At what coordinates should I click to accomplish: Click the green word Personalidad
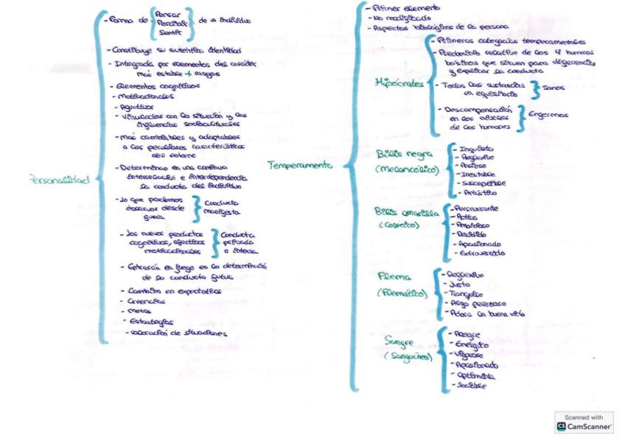pos(60,178)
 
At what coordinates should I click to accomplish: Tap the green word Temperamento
pos(299,166)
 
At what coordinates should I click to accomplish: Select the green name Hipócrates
pos(399,83)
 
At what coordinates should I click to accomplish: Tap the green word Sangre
pos(399,341)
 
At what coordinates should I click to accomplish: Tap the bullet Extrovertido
pos(482,253)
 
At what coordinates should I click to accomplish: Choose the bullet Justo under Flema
pos(463,283)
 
